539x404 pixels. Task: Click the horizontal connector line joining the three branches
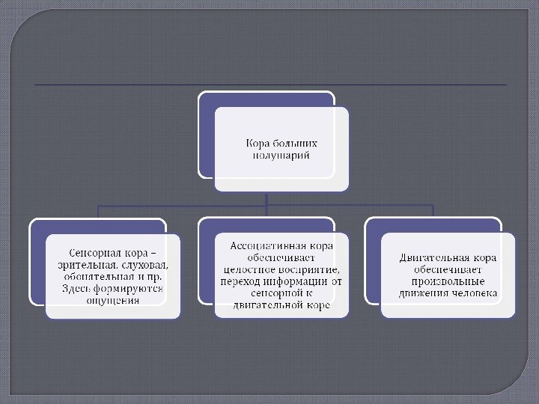187,205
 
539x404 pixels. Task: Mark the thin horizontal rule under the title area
269,85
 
